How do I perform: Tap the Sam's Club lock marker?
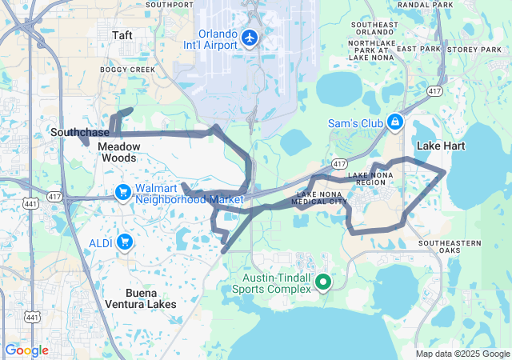(394, 122)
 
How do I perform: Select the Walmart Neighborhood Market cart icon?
(122, 192)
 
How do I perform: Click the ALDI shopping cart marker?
(124, 241)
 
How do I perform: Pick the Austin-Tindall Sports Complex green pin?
(323, 282)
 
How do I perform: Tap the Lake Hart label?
(441, 146)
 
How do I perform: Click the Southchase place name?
(80, 132)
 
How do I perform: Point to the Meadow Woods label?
(119, 152)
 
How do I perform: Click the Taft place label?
(122, 35)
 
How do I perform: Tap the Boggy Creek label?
(127, 70)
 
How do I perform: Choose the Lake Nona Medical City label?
(322, 198)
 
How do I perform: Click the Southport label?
(170, 5)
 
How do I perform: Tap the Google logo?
(26, 350)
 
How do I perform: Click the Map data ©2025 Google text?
(462, 354)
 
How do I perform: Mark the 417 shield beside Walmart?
(54, 195)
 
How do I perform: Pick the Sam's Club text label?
(356, 123)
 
